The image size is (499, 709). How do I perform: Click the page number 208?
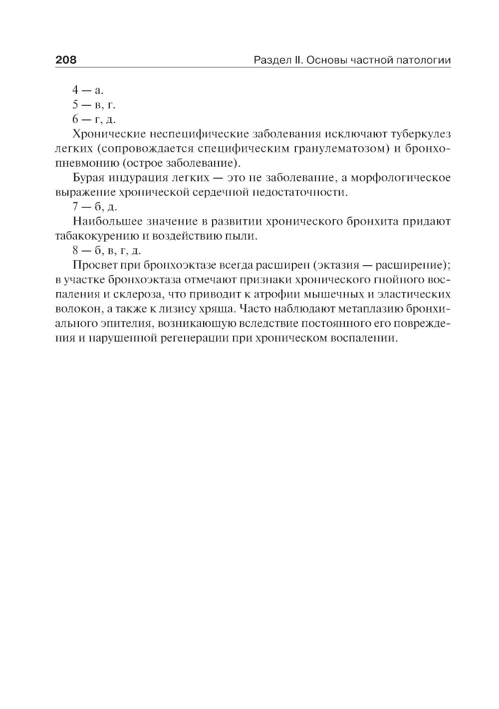pyautogui.click(x=66, y=60)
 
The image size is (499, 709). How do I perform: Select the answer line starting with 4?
pyautogui.click(x=87, y=90)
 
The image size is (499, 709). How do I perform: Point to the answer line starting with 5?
pyautogui.click(x=93, y=105)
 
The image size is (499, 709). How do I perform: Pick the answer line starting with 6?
pyautogui.click(x=94, y=119)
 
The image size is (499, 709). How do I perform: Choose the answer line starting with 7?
pyautogui.click(x=94, y=207)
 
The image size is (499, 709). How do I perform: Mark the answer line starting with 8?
pyautogui.click(x=106, y=251)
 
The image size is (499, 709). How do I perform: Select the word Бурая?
pyautogui.click(x=88, y=178)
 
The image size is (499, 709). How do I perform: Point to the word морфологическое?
pyautogui.click(x=406, y=178)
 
